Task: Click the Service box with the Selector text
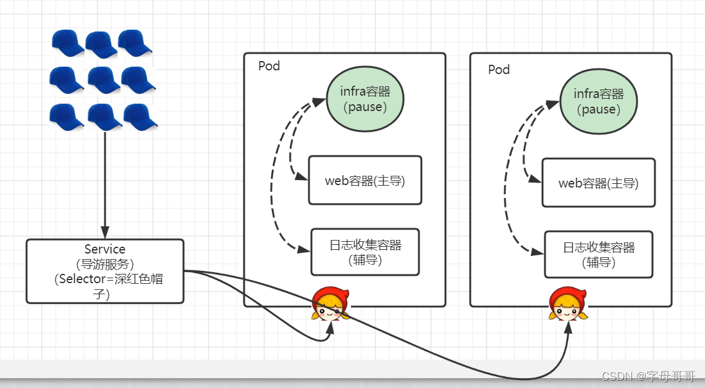(x=105, y=271)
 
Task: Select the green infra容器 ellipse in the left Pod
(x=365, y=99)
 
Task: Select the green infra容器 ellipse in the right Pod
(x=598, y=101)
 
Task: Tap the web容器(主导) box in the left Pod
(x=365, y=180)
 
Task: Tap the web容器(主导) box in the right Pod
(x=598, y=183)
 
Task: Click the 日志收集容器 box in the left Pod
(x=365, y=252)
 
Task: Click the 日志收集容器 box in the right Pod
(x=598, y=254)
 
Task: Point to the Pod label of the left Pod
(x=269, y=66)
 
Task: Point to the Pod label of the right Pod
(x=499, y=69)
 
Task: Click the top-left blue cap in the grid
(x=67, y=43)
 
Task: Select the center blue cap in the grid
(x=103, y=80)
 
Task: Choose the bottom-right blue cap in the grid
(x=140, y=116)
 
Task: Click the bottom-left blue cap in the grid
(x=66, y=116)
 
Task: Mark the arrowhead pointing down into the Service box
(x=105, y=234)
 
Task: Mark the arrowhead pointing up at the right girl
(x=567, y=328)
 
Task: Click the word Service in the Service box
(x=105, y=249)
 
